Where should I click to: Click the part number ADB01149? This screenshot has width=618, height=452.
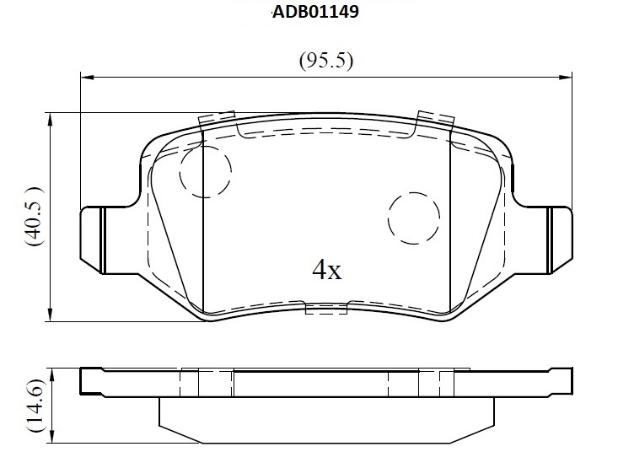point(315,12)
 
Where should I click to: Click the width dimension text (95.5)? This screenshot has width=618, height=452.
point(326,61)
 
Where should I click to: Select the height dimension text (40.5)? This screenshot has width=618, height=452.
point(33,217)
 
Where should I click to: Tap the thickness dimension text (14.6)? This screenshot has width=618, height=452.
point(35,405)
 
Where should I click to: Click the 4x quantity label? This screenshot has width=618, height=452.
point(327,270)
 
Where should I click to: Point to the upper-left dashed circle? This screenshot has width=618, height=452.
point(206,171)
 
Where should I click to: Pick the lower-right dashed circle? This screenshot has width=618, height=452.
point(414,218)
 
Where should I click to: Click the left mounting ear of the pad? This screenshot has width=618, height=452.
point(91,239)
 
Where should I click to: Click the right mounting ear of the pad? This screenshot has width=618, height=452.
point(561,239)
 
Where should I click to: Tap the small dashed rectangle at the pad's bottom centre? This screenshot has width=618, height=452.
point(326,309)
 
